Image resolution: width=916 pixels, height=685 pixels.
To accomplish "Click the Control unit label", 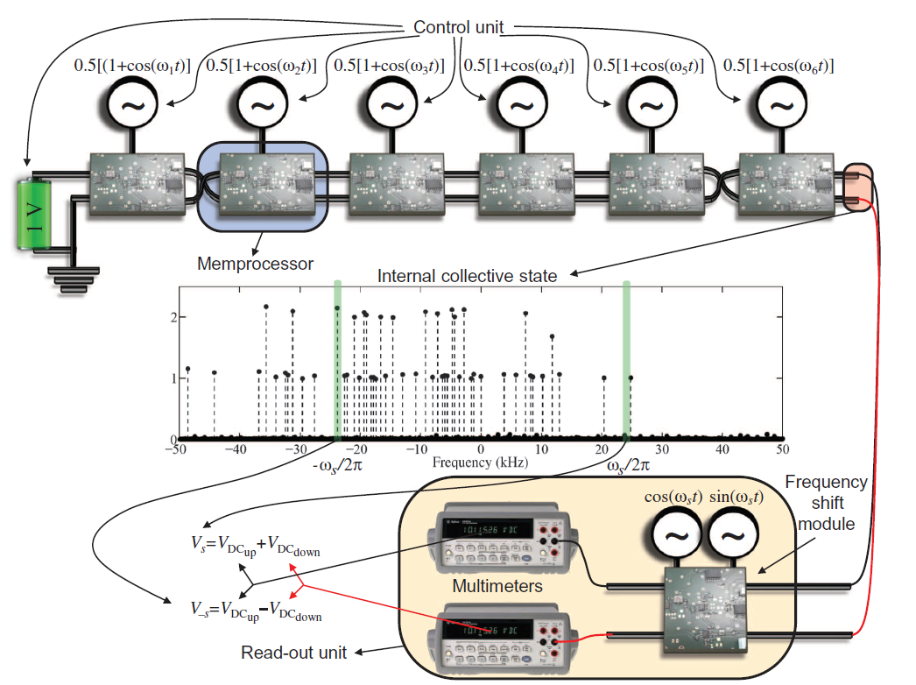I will (458, 27).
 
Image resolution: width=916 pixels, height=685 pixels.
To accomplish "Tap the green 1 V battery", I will (33, 214).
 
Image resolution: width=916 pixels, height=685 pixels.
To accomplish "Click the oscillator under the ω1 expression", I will (133, 105).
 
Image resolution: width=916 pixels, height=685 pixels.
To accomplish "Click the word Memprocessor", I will (255, 263).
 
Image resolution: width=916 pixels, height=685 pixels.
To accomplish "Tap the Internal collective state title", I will (467, 277).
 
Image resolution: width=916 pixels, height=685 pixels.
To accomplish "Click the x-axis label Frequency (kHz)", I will (480, 461).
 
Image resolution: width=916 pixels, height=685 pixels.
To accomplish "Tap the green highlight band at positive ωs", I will (626, 359).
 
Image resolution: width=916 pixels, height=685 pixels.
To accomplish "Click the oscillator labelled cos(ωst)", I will (675, 540).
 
